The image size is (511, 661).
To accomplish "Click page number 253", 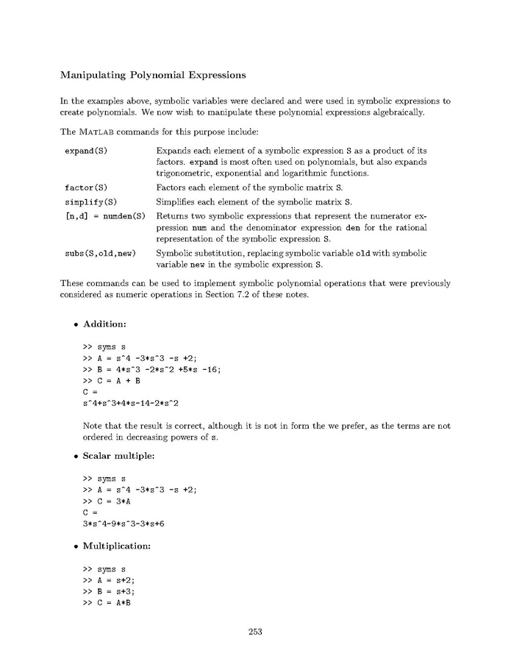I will coord(255,631).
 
